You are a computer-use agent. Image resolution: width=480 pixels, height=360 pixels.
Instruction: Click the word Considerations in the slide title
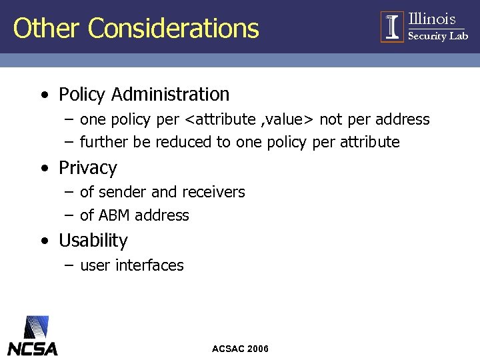coord(173,29)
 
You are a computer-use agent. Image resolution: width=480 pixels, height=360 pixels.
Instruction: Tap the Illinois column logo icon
coord(393,27)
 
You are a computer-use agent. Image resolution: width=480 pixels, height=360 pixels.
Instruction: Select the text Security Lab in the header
coord(438,36)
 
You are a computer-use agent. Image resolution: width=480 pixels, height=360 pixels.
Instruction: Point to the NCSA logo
coord(33,337)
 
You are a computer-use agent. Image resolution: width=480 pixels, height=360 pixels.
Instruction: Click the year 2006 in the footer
coord(257,349)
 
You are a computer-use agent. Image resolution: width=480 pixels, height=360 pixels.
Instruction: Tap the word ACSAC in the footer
coord(227,349)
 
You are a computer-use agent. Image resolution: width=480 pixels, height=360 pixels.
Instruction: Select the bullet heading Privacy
coord(87,168)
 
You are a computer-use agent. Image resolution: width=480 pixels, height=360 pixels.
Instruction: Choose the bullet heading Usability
coord(93,240)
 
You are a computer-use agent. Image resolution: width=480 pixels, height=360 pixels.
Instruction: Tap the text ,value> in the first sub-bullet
coord(288,120)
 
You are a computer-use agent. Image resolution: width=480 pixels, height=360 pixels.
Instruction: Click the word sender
coord(123,193)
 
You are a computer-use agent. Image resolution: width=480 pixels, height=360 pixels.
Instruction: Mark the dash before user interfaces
coord(69,265)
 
